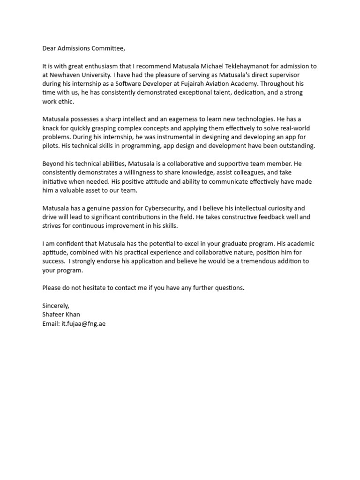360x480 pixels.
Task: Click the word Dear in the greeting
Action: point(50,48)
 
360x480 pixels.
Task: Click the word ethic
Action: point(66,101)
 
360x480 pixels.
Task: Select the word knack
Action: point(51,128)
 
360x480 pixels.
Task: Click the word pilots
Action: point(51,146)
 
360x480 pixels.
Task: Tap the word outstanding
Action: point(297,146)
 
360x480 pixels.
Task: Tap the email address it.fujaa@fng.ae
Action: point(83,323)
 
